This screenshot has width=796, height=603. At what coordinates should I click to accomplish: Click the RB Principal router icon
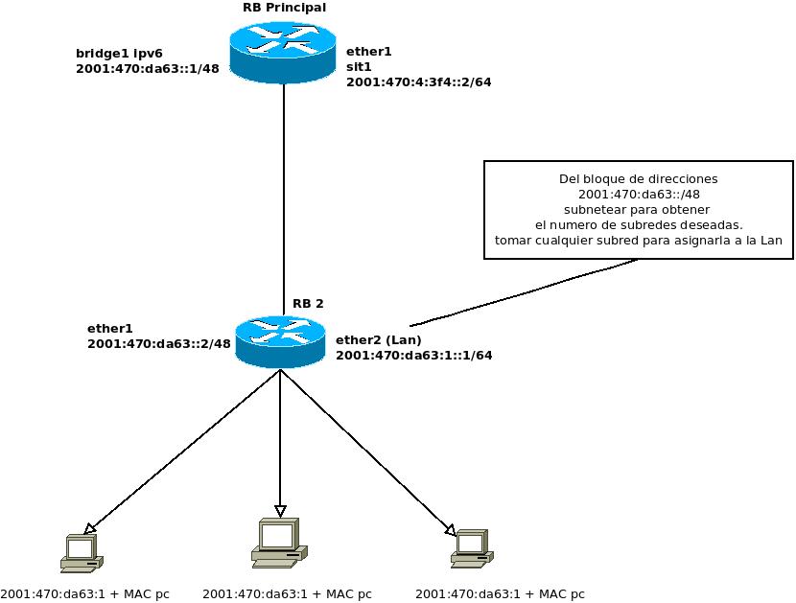click(x=283, y=53)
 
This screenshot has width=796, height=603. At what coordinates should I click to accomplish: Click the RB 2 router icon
click(x=279, y=340)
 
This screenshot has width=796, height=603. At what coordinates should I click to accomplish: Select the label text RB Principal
click(x=284, y=8)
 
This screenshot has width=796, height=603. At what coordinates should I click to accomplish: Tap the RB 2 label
click(x=308, y=304)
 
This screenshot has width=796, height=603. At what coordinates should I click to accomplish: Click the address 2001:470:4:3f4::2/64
click(x=418, y=82)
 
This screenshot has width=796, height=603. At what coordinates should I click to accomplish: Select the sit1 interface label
click(x=358, y=67)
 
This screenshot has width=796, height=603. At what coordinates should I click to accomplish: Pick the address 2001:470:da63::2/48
click(x=159, y=343)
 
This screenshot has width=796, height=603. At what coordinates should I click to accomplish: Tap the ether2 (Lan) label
click(x=378, y=339)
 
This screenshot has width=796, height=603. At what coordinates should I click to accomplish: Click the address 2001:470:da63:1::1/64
click(x=413, y=355)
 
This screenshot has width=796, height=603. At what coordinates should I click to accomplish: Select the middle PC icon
click(x=279, y=545)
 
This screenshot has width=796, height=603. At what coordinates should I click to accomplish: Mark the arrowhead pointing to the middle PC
click(x=280, y=511)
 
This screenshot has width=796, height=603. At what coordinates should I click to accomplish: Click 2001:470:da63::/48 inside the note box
click(x=639, y=195)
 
